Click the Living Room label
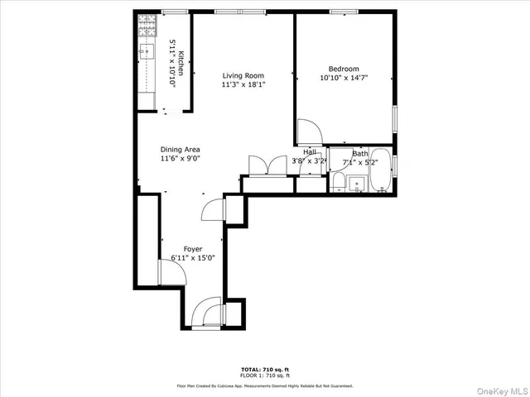click(243, 75)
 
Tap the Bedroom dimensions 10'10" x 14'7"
click(344, 78)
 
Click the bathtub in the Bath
click(381, 170)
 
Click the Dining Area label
click(181, 150)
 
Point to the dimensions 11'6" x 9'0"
click(181, 159)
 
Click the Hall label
click(309, 152)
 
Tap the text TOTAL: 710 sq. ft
click(264, 369)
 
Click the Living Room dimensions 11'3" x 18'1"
click(243, 84)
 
